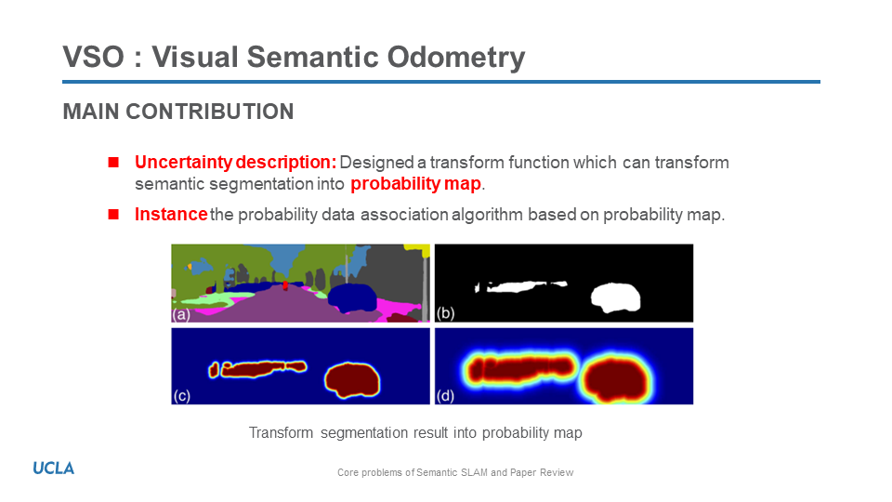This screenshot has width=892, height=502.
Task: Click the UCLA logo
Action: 54,468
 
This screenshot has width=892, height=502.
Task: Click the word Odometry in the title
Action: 456,58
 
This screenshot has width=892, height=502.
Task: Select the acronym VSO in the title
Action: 93,57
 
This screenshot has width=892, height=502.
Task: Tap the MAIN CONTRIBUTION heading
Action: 178,112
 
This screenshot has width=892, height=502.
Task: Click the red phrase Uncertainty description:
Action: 235,162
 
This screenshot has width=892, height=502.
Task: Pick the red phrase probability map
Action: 416,184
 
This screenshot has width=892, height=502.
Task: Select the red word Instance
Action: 171,214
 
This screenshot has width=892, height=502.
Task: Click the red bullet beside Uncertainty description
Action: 113,162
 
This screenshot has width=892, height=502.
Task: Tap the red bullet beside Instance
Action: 113,214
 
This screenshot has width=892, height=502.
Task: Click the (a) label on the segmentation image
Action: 181,314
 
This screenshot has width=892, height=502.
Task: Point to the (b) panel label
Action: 445,313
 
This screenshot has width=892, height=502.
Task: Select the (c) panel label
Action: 181,396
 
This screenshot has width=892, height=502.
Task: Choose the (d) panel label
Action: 445,396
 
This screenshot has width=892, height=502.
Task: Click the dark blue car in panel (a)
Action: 353,297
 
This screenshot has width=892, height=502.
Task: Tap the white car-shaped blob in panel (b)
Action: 615,297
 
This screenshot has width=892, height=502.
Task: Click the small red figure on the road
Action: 285,285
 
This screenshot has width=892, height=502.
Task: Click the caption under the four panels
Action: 415,432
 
